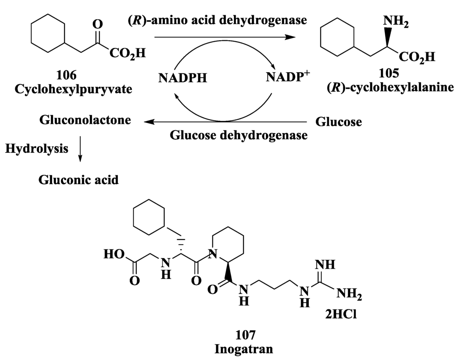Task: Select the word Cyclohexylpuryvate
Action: (74, 89)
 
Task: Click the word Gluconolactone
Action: (85, 120)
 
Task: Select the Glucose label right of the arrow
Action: (338, 121)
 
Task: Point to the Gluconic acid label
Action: (79, 180)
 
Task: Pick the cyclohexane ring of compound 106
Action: (48, 34)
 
